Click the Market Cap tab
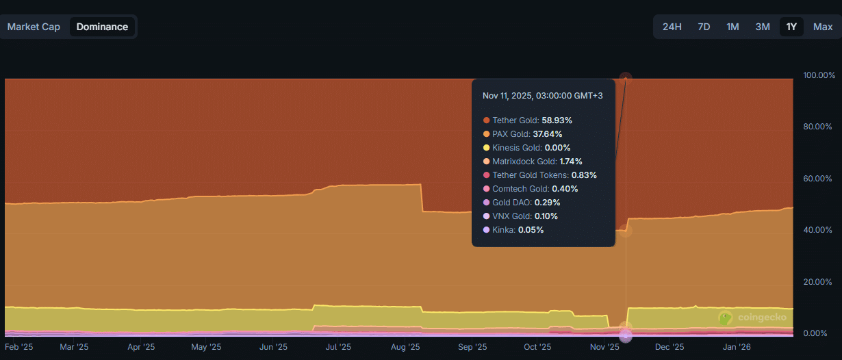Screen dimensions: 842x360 coord(34,27)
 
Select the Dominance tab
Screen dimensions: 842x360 coord(102,27)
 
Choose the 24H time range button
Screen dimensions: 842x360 coord(672,27)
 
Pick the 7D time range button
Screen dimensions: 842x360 coord(704,27)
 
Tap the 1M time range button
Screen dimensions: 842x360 coord(732,27)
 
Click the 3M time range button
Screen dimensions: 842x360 coord(763,27)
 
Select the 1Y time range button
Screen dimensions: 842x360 coord(791,27)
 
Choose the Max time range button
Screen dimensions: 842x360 coord(823,27)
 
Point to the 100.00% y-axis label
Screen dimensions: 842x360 coord(819,75)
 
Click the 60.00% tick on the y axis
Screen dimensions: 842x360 coord(817,179)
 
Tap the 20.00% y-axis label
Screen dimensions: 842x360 coord(817,282)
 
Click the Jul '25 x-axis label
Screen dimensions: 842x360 coord(338,347)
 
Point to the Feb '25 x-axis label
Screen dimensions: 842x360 coord(18,347)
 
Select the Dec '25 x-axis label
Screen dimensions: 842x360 coord(669,347)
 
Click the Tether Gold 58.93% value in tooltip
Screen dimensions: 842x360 coord(557,120)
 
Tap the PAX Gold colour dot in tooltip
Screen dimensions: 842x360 coord(487,134)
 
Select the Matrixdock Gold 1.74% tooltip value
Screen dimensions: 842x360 coord(571,162)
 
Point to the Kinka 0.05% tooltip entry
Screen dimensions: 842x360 coord(513,230)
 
